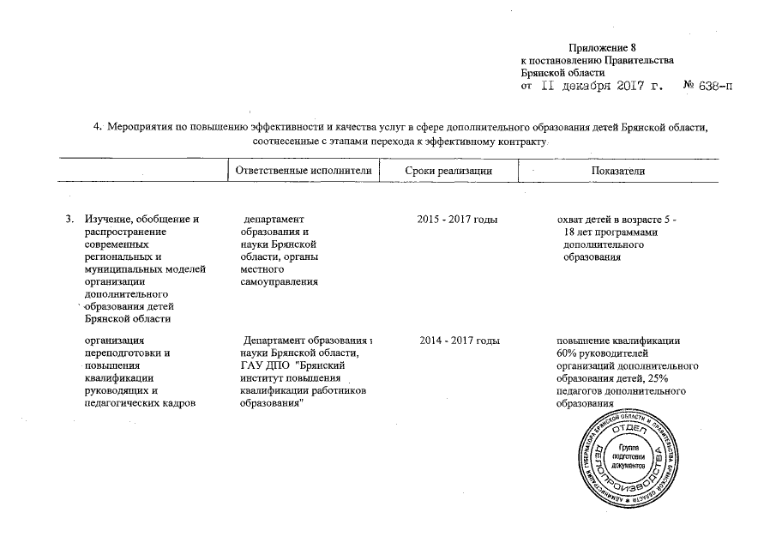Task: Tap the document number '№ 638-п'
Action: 707,87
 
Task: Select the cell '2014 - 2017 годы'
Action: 460,342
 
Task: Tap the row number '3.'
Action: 69,221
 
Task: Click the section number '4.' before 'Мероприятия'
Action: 99,129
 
